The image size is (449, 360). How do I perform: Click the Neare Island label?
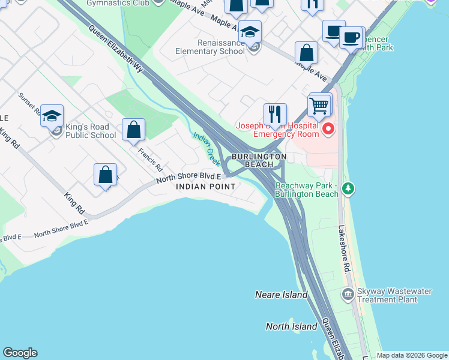click(x=281, y=295)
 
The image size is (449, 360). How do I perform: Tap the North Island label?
click(x=291, y=326)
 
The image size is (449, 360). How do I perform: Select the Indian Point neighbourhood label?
click(x=206, y=187)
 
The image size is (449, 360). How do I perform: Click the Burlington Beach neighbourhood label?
click(x=259, y=160)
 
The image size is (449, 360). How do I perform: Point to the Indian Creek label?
click(x=206, y=149)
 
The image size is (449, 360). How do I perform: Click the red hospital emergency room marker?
click(x=328, y=128)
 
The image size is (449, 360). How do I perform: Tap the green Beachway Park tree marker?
click(x=348, y=190)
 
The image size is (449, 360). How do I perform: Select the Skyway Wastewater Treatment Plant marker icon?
click(x=348, y=294)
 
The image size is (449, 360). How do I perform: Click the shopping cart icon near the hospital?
click(x=320, y=106)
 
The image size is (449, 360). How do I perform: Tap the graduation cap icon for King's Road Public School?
click(x=52, y=115)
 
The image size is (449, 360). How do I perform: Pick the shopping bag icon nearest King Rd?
click(x=105, y=175)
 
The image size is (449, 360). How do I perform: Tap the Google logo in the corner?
click(x=20, y=353)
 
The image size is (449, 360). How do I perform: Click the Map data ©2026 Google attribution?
click(x=412, y=355)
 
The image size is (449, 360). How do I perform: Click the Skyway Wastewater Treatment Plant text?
click(x=394, y=295)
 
